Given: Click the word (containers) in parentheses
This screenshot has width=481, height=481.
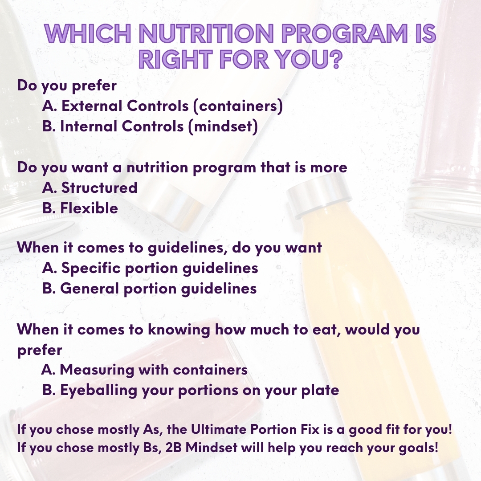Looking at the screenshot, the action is pos(238,106).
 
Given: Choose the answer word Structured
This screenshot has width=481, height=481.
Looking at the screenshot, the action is pos(99,188).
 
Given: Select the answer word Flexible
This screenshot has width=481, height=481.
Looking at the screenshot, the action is pos(89,208).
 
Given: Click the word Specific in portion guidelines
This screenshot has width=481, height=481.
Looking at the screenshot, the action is pos(91,269).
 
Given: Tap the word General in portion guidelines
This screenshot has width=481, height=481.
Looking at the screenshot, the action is pos(89,289).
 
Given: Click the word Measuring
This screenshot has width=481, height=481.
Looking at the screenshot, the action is pos(97,370).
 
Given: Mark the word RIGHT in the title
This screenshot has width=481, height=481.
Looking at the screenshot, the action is pos(175,59).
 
